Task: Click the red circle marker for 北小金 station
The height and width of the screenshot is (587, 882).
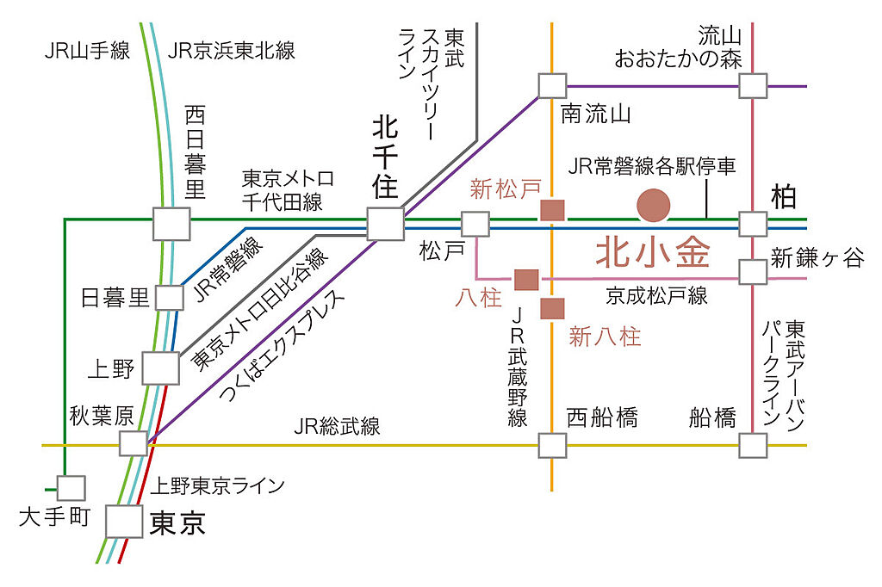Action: coord(653,205)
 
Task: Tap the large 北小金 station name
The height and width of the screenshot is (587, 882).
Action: coord(653,253)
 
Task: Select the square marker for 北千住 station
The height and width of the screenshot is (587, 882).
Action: coord(385,224)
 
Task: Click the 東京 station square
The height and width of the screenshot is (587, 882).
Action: coord(122,522)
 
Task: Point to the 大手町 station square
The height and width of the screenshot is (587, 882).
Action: coord(71,489)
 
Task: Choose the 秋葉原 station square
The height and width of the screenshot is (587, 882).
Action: coord(134,443)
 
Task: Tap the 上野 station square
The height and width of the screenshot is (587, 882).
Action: coord(160,368)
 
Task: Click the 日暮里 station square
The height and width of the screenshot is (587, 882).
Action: coord(169,298)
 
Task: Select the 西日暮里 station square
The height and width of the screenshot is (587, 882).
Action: coord(171,224)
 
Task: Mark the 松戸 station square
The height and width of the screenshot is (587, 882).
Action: coord(475,225)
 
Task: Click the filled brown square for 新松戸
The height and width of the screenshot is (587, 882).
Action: coord(551,210)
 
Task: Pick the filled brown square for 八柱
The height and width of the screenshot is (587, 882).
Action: coord(526,279)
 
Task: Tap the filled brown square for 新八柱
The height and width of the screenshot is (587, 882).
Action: coord(552,308)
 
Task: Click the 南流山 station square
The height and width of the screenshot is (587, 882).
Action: coord(552,86)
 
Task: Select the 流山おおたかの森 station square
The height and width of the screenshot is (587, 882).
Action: coord(753,86)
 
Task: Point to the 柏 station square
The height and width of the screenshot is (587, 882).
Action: coord(753,225)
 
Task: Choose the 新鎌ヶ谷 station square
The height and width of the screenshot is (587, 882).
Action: coord(753,272)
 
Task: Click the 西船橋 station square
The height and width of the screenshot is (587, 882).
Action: coord(552,445)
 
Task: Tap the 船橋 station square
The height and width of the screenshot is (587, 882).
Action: coord(753,445)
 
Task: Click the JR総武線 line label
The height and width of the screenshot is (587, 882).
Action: coord(337,426)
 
